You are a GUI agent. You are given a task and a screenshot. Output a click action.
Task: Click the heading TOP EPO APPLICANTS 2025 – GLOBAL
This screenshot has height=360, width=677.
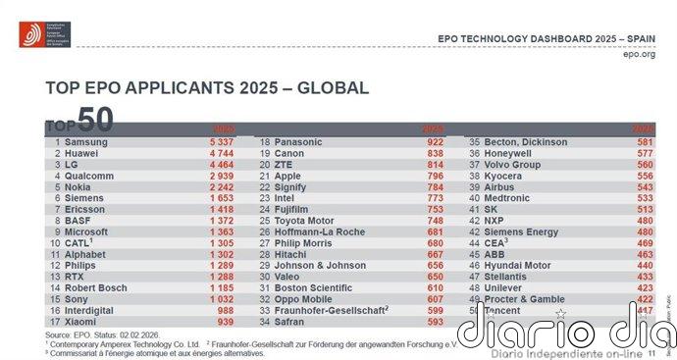coord(207,88)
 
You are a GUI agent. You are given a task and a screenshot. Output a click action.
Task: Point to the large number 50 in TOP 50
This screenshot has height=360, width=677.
coord(95,119)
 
